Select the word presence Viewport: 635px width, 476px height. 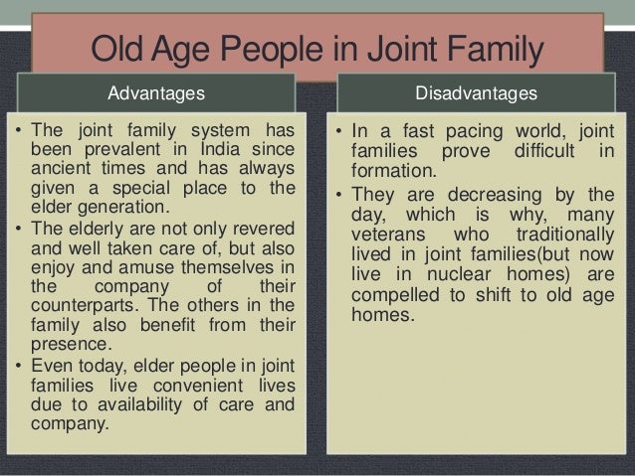[69, 345]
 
